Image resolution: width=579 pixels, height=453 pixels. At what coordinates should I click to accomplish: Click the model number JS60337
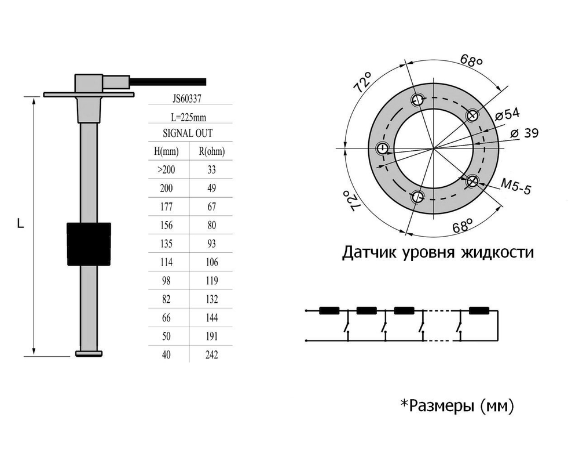coord(189,99)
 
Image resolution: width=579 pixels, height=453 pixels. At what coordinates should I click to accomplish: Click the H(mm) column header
coord(167,152)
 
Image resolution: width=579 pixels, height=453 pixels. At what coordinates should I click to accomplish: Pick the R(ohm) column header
coord(211,152)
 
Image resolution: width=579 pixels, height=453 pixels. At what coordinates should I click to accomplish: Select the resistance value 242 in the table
coord(211,355)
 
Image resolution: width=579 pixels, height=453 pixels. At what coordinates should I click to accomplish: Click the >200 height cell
coord(167,170)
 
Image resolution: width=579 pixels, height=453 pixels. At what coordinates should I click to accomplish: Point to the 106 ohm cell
coord(211,263)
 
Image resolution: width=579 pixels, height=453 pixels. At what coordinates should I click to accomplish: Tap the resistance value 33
coord(211,170)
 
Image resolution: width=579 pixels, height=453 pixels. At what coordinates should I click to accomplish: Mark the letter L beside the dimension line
coord(21,223)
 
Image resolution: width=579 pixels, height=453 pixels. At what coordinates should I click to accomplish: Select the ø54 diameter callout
coord(508,114)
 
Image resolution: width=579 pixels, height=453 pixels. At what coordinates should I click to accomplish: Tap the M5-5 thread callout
coord(515,186)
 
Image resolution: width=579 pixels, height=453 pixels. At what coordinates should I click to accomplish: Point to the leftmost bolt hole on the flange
coord(383,149)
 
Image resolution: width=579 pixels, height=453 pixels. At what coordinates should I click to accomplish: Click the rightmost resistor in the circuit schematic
coord(479,311)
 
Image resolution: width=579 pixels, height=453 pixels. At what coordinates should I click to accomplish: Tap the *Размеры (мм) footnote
coord(457,407)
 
